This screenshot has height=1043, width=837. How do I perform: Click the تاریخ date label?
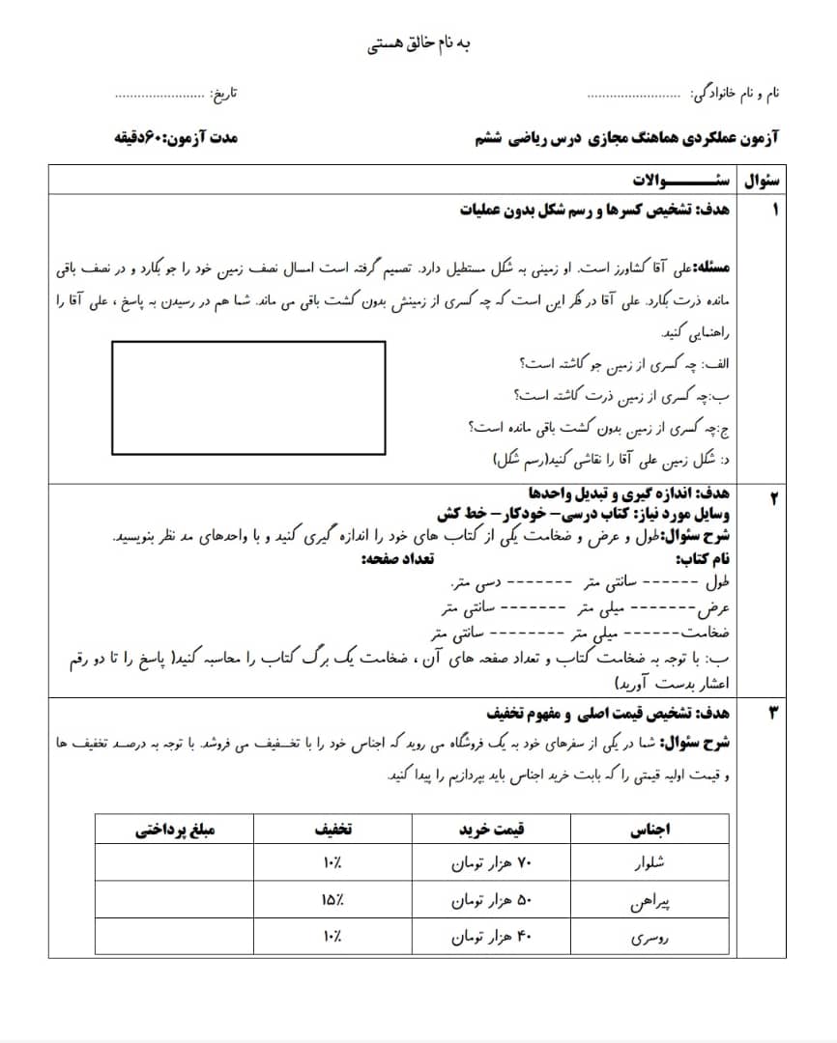[x=223, y=94]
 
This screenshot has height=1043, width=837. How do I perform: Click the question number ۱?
[x=773, y=210]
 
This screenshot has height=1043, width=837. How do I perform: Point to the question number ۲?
[x=773, y=497]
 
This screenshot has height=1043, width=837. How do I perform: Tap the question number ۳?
[x=773, y=714]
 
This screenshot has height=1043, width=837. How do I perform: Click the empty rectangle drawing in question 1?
[x=248, y=397]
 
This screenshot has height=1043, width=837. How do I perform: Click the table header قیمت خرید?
[x=492, y=829]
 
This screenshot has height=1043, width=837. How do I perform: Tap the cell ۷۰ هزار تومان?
[x=492, y=861]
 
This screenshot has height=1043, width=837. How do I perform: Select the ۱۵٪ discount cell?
[x=332, y=900]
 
